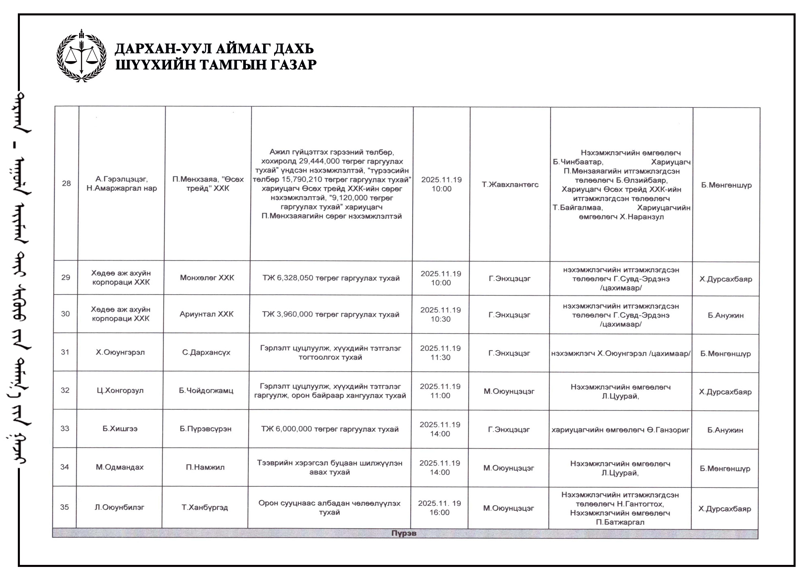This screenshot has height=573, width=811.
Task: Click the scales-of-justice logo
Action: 82,56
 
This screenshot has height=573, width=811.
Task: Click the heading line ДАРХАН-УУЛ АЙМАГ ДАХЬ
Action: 214,49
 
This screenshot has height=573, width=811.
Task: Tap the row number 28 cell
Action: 67,183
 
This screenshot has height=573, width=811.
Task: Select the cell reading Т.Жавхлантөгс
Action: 510,184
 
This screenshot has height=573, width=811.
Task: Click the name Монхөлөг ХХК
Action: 207,278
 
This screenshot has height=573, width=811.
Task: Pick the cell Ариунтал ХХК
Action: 206,314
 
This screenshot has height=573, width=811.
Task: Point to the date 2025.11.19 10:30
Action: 440,314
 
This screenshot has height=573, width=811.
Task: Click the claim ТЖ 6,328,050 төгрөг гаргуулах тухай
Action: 331,278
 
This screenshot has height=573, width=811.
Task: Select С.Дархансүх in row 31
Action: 206,352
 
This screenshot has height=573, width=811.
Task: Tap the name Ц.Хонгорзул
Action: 120,391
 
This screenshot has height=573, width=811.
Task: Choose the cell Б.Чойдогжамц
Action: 206,391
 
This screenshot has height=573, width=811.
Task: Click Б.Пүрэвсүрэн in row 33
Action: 206,429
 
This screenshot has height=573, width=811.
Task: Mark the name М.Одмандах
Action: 120,467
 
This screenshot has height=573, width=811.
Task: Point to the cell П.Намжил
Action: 205,467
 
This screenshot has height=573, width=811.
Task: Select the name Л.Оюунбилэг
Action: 119,507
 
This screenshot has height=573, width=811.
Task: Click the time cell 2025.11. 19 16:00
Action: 440,508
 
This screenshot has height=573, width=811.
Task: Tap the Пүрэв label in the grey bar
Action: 404,533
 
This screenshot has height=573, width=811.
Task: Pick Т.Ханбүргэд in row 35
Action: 205,507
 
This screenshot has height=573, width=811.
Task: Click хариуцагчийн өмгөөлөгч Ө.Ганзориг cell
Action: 620,430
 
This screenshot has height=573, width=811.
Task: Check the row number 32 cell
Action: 65,390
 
